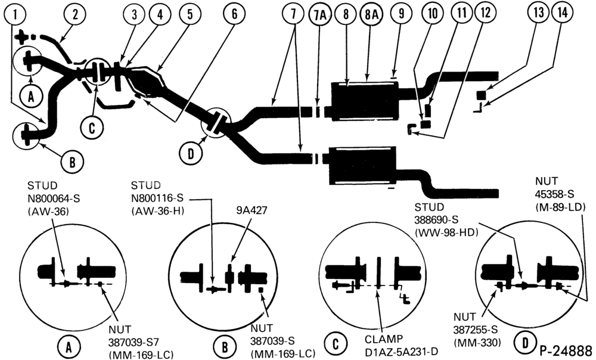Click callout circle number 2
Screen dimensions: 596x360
pyautogui.click(x=75, y=15)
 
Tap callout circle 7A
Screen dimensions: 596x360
pyautogui.click(x=320, y=14)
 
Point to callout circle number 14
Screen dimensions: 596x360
pyautogui.click(x=563, y=13)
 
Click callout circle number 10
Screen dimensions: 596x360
pyautogui.click(x=433, y=14)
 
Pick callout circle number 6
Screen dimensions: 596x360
pyautogui.click(x=234, y=14)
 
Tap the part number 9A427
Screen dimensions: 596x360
pyautogui.click(x=252, y=210)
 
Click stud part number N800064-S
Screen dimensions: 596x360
pyautogui.click(x=54, y=198)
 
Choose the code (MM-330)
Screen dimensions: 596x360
pyautogui.click(x=477, y=343)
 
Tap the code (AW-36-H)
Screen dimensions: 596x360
pyautogui.click(x=157, y=211)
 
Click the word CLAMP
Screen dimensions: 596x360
pyautogui.click(x=384, y=339)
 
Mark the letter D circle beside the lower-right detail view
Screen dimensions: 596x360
pyautogui.click(x=525, y=343)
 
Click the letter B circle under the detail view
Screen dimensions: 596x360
pyautogui.click(x=225, y=347)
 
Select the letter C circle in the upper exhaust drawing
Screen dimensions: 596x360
pyautogui.click(x=92, y=128)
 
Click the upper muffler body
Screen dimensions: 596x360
pyautogui.click(x=364, y=101)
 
